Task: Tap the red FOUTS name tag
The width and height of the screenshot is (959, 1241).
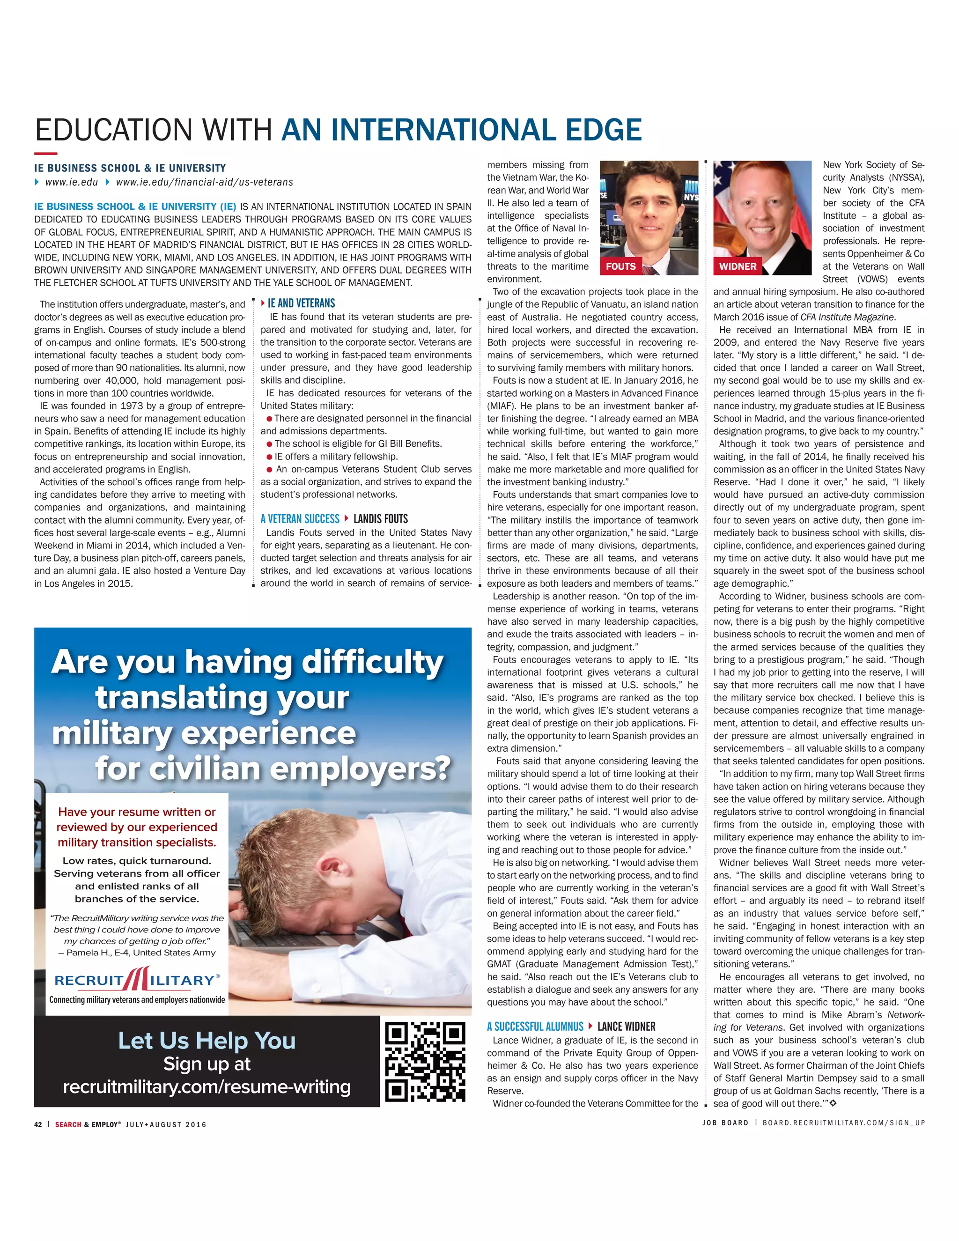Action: (x=620, y=266)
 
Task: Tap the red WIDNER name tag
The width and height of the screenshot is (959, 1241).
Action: (x=738, y=266)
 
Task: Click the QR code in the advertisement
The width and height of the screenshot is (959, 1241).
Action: (x=425, y=1062)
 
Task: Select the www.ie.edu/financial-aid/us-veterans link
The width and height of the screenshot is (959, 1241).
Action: (x=205, y=182)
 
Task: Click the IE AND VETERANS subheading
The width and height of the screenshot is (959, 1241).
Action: (x=301, y=303)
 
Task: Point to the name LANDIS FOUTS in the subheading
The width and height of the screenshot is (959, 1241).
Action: (x=381, y=519)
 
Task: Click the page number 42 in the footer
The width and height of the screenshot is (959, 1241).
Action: (x=38, y=1124)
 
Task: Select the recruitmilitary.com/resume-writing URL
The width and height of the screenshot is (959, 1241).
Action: (x=207, y=1087)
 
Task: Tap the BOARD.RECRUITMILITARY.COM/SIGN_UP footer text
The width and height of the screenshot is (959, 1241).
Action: (x=844, y=1123)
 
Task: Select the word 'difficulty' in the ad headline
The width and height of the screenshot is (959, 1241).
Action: (x=372, y=663)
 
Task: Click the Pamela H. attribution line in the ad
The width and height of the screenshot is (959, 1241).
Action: (x=137, y=953)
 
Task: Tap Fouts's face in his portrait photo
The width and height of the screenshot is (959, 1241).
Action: (x=648, y=210)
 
